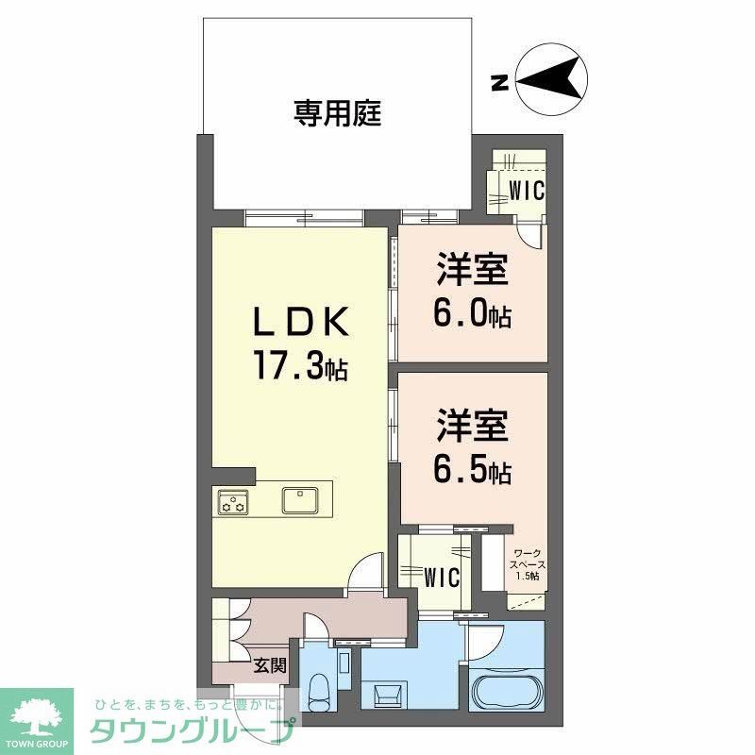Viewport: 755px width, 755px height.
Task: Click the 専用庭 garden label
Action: click(x=336, y=115)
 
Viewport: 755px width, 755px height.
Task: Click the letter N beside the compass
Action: click(x=500, y=83)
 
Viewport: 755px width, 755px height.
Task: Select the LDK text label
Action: click(x=299, y=324)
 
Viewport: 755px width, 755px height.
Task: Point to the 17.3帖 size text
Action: click(x=299, y=365)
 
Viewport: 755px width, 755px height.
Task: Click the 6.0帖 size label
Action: click(x=472, y=314)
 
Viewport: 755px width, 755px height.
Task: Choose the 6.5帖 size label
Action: click(x=472, y=470)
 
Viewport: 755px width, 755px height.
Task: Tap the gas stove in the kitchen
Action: click(x=232, y=501)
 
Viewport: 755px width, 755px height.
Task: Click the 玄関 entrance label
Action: click(x=270, y=665)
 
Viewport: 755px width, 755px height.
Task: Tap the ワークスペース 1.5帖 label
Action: click(x=526, y=564)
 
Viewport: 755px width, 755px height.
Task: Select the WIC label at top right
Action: click(x=526, y=189)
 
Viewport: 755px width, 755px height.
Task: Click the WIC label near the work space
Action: click(x=441, y=576)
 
